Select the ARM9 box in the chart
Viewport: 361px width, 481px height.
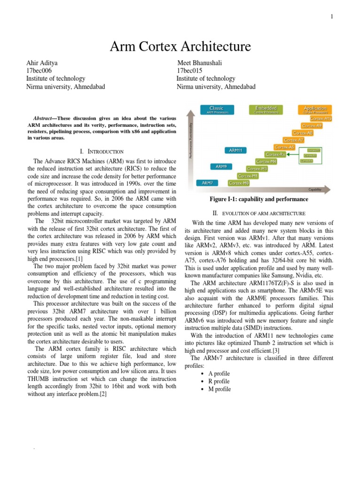(221, 166)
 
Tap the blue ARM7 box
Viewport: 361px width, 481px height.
(207, 183)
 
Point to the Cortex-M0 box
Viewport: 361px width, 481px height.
(239, 183)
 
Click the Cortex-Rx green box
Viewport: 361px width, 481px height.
(275, 154)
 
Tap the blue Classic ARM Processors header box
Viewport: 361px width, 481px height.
(216, 110)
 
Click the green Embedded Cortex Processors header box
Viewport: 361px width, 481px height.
(266, 110)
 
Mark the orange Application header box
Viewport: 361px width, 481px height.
(314, 110)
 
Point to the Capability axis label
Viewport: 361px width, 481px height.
(315, 190)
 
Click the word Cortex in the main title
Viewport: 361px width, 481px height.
(156, 47)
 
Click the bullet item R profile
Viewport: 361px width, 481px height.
(219, 381)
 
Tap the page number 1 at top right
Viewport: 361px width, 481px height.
(332, 17)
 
